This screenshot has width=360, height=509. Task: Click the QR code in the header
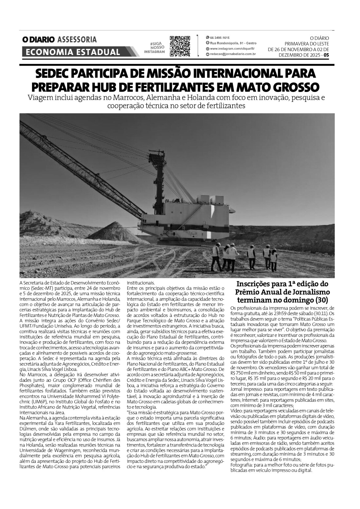coord(180,46)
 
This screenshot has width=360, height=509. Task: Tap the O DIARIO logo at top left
coord(38,40)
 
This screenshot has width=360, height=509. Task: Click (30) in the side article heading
coord(320,300)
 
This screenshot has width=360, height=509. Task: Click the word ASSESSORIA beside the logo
coord(77,40)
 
